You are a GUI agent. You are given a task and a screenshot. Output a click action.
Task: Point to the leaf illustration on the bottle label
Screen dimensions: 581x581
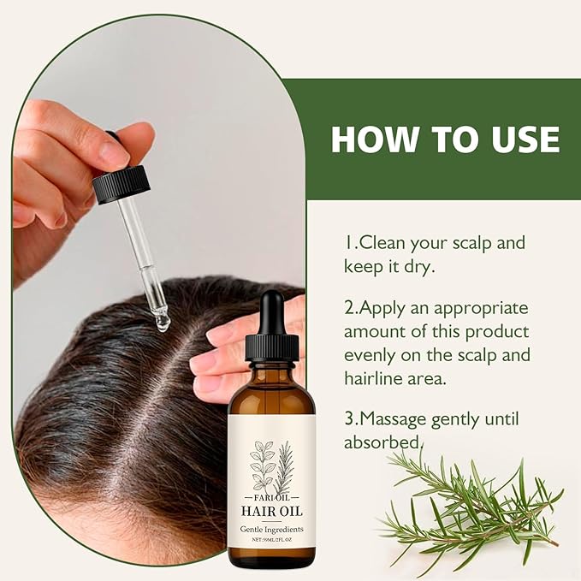(271, 463)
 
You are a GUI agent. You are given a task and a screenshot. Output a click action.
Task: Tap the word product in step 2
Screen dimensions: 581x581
(497, 331)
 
